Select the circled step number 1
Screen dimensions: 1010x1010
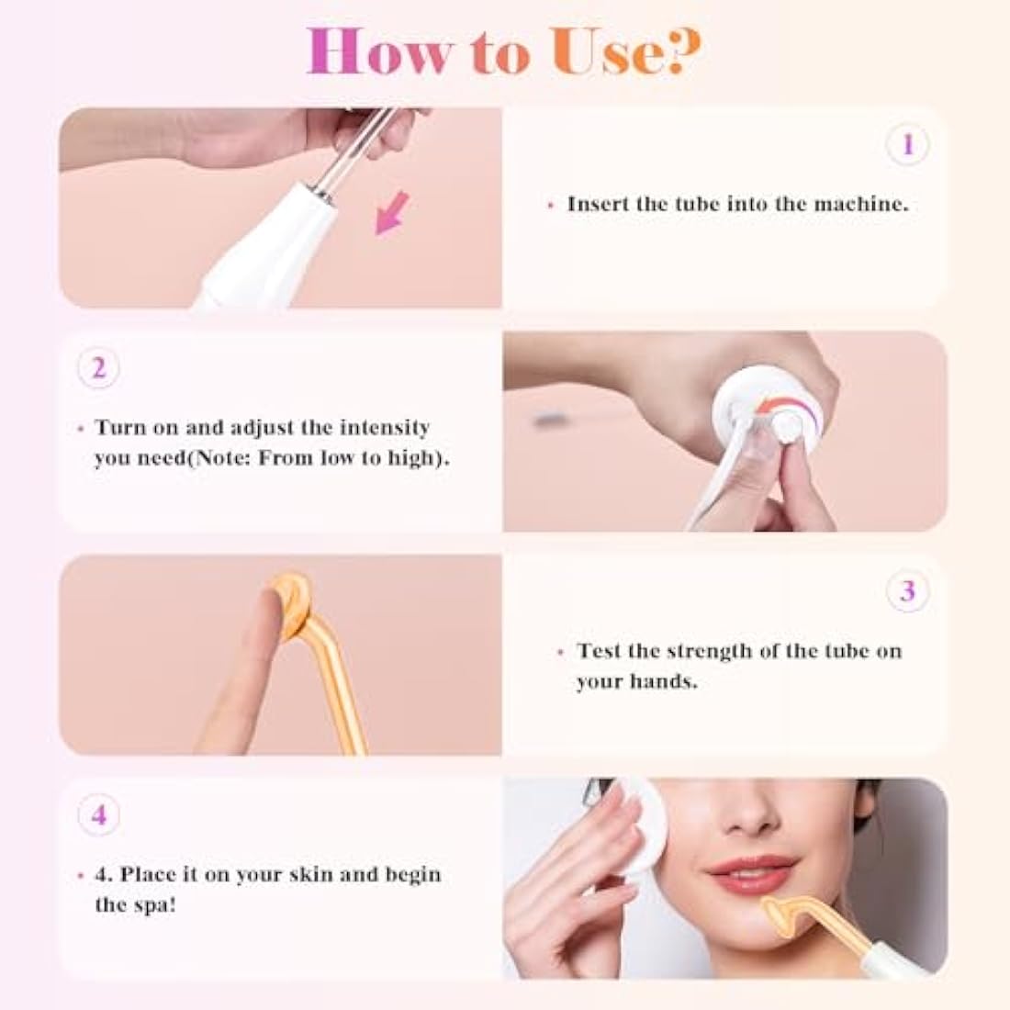pos(907,144)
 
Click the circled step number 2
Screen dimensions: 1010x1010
pos(99,368)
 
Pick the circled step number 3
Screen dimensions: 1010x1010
pos(907,590)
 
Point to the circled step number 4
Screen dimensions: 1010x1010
pos(99,814)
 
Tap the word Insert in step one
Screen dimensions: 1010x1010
pos(598,204)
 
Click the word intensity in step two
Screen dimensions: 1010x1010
pos(385,427)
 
